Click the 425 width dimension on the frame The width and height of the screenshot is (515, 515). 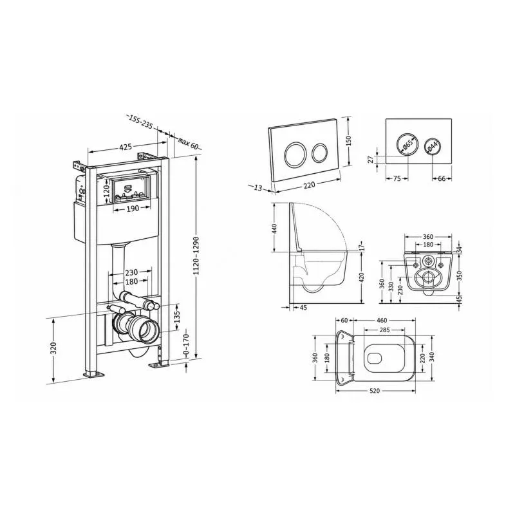126,147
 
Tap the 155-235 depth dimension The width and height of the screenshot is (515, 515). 140,122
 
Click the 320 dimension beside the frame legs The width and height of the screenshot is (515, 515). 53,348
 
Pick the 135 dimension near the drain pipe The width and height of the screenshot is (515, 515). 177,317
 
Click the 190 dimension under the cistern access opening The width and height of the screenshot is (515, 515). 132,208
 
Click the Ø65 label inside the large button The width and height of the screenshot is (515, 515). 407,144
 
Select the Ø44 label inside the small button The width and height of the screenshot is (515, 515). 433,147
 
